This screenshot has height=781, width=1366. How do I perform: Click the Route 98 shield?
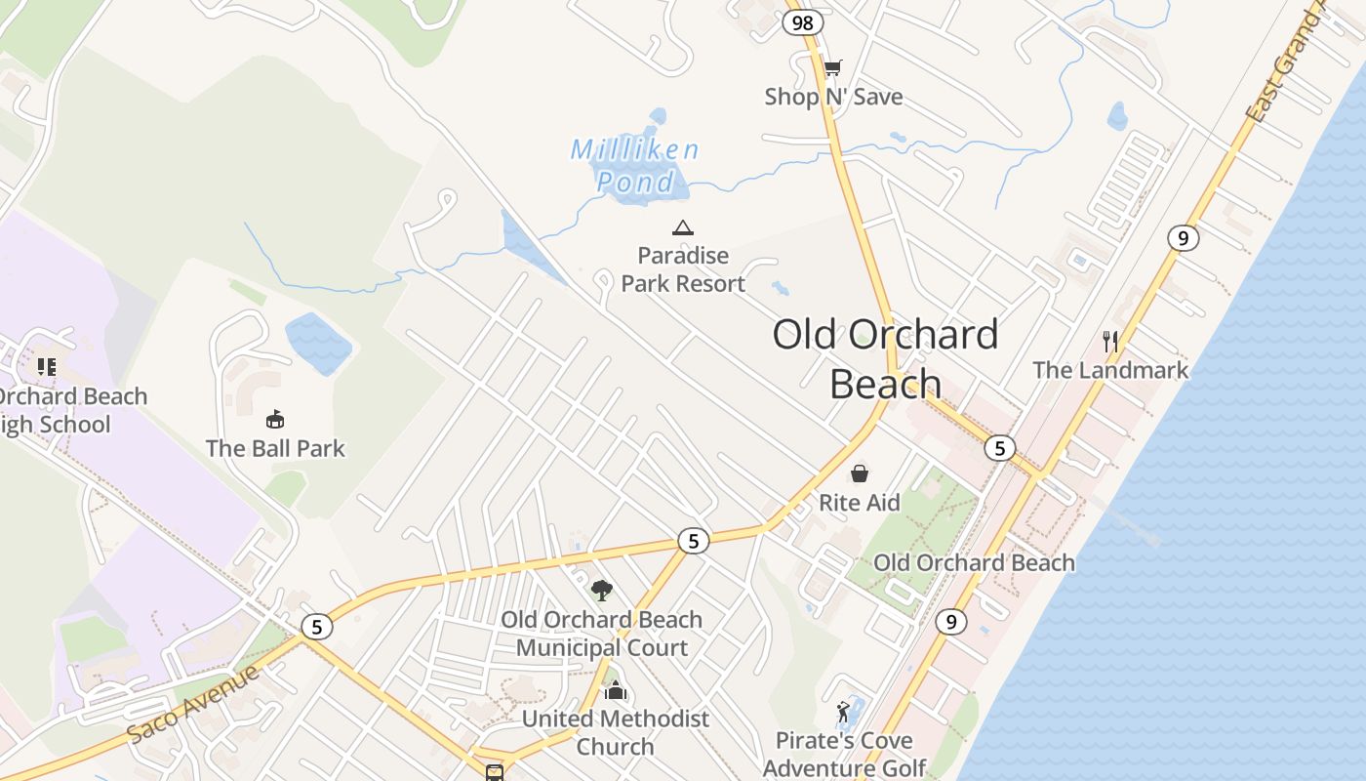pyautogui.click(x=803, y=22)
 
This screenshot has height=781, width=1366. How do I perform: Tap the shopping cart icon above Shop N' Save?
pyautogui.click(x=832, y=67)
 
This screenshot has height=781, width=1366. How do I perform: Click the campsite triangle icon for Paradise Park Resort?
pyautogui.click(x=683, y=228)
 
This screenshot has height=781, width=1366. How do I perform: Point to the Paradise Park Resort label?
pyautogui.click(x=683, y=269)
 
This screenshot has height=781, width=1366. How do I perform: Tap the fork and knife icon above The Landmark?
pyautogui.click(x=1110, y=341)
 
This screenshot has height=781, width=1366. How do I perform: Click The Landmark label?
pyautogui.click(x=1110, y=370)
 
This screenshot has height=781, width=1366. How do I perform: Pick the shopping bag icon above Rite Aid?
pyautogui.click(x=860, y=473)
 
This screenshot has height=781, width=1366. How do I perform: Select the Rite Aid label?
pyautogui.click(x=860, y=503)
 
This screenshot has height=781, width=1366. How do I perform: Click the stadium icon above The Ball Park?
pyautogui.click(x=275, y=420)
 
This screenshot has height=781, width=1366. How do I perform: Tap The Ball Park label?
pyautogui.click(x=275, y=449)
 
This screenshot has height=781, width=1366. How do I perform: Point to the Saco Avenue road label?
pyautogui.click(x=194, y=703)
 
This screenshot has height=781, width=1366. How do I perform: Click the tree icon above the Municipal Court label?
pyautogui.click(x=602, y=590)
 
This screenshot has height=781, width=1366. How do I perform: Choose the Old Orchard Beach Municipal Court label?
pyautogui.click(x=602, y=634)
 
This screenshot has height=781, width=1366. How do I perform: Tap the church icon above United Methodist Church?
pyautogui.click(x=616, y=691)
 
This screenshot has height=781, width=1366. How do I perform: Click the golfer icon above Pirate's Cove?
pyautogui.click(x=844, y=712)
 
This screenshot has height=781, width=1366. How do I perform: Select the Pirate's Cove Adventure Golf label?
pyautogui.click(x=844, y=755)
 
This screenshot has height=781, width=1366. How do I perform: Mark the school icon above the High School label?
pyautogui.click(x=46, y=367)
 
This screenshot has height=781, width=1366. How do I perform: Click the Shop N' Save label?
pyautogui.click(x=833, y=97)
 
